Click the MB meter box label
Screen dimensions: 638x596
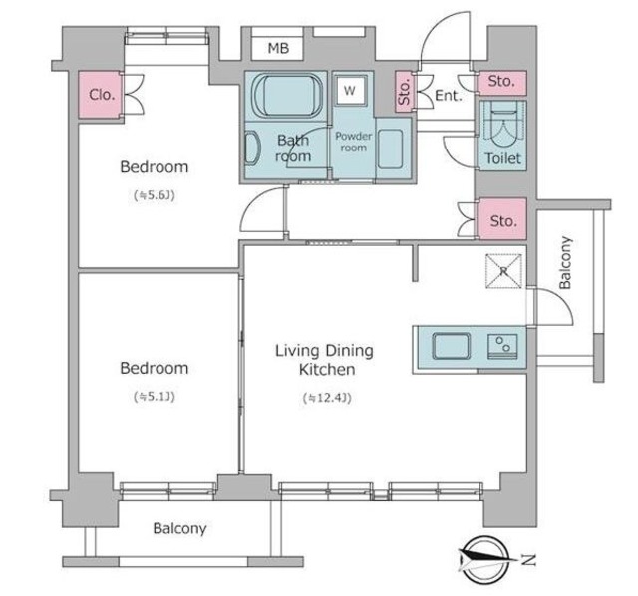(x=278, y=48)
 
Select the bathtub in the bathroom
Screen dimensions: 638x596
(x=287, y=97)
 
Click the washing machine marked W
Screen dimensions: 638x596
(x=350, y=91)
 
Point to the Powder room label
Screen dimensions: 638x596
(x=353, y=142)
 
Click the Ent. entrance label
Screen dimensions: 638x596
(x=449, y=96)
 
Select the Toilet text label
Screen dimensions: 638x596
(x=502, y=158)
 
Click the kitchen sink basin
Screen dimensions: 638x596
(x=452, y=346)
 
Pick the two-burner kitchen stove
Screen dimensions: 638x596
(x=502, y=347)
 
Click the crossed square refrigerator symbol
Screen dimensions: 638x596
(x=503, y=271)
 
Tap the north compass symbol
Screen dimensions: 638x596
(x=486, y=560)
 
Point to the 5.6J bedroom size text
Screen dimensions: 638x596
(x=155, y=195)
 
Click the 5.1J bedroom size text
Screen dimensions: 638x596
(x=155, y=397)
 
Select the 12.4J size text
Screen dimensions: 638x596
(x=327, y=398)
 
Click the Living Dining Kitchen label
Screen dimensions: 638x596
(x=324, y=360)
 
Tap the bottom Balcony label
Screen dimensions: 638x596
(x=179, y=528)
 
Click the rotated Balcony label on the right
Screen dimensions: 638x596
(x=565, y=262)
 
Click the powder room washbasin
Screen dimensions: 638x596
(x=391, y=149)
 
